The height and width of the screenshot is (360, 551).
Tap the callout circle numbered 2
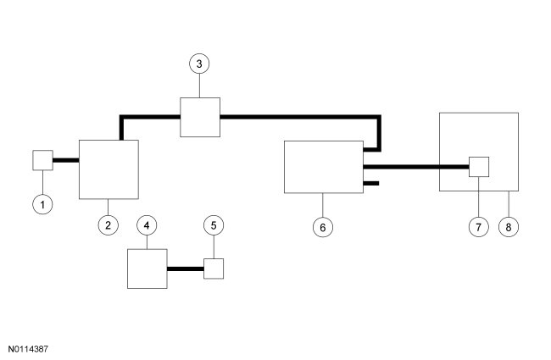tap(108, 225)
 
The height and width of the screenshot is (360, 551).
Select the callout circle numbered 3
tap(199, 64)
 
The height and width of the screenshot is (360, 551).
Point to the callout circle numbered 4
tap(147, 225)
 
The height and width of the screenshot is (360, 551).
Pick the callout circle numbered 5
tap(214, 225)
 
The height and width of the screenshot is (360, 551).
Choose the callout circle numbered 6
tap(322, 226)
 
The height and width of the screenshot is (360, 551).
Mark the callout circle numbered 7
tap(479, 226)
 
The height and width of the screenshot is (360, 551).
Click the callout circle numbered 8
tap(507, 226)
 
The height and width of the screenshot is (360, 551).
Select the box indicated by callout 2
tap(109, 169)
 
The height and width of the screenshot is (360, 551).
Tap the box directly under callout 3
tap(200, 116)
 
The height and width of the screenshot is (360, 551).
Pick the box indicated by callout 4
tap(147, 269)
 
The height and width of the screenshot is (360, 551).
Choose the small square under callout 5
tap(214, 269)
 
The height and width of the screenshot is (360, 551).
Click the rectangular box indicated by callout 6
tap(322, 167)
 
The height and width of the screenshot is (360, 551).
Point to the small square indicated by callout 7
tap(479, 166)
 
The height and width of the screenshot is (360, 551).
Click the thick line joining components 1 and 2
tap(66, 160)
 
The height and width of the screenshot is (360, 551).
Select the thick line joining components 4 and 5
tap(186, 269)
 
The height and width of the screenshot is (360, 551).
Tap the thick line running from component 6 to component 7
tap(415, 167)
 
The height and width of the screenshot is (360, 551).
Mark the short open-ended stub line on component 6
tap(370, 182)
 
